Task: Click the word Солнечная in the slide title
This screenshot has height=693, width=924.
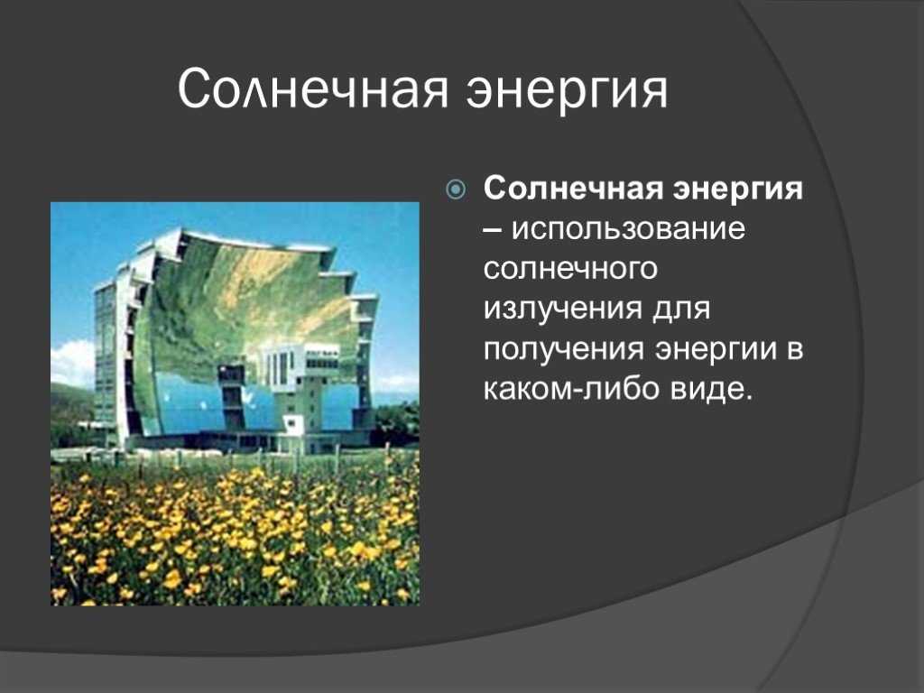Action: [313, 89]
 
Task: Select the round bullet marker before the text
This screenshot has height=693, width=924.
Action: [456, 189]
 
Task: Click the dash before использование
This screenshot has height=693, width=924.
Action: [494, 231]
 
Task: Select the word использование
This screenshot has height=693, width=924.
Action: [628, 228]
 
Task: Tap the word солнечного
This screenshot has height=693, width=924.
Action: [570, 269]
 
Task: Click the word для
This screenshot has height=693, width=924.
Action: [680, 309]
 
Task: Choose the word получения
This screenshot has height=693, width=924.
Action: [564, 350]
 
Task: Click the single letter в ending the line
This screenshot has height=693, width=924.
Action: [794, 349]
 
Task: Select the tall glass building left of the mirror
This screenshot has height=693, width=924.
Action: [106, 359]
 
